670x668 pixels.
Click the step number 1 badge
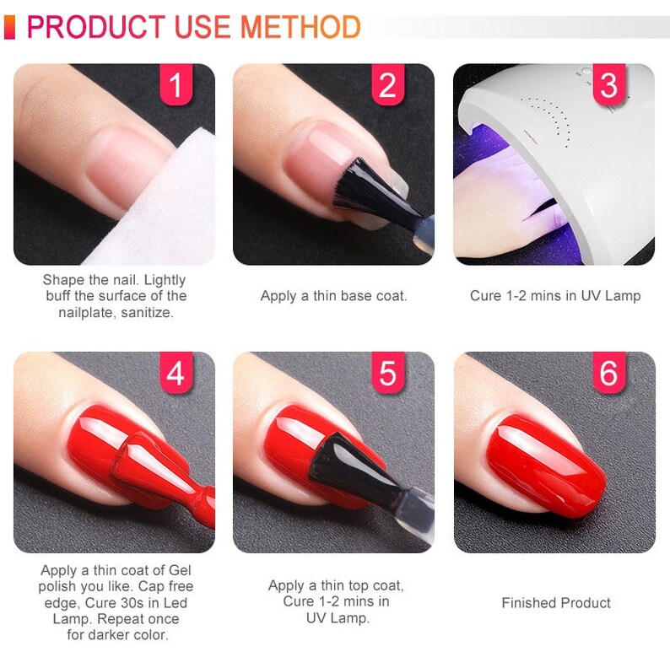click(x=176, y=86)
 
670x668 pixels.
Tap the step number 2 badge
click(x=387, y=86)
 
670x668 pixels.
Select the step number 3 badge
click(x=608, y=86)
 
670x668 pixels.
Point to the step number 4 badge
click(x=176, y=374)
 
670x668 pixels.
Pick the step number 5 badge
click(x=387, y=374)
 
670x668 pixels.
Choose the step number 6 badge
click(x=608, y=374)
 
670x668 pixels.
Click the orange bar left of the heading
click(x=9, y=27)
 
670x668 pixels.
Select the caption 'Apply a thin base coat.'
click(x=333, y=296)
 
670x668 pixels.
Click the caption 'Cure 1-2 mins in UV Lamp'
click(x=554, y=296)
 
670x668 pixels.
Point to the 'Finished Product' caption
click(x=555, y=603)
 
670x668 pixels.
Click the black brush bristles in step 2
click(x=359, y=190)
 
